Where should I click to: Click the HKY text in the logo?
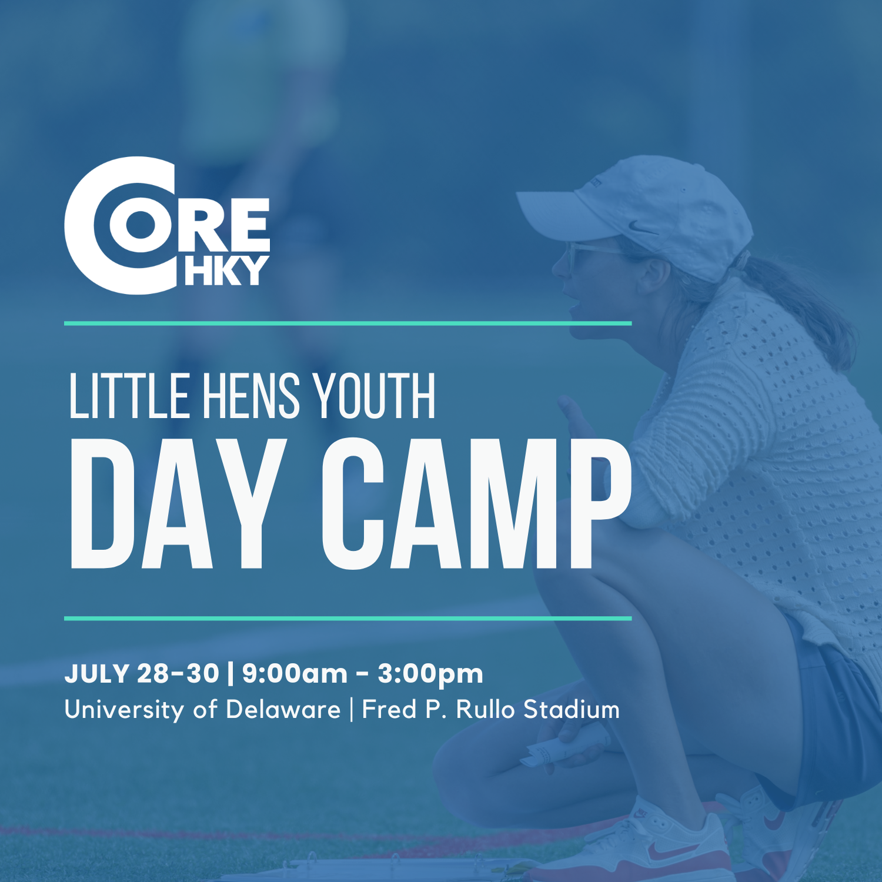[226, 271]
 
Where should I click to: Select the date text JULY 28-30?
[142, 673]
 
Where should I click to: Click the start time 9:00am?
[295, 673]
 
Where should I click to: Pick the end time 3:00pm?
[430, 673]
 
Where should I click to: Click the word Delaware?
[283, 709]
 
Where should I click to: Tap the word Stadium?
[572, 709]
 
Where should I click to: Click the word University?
[124, 709]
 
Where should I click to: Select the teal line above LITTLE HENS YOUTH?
[347, 323]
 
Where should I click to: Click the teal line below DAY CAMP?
[347, 619]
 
